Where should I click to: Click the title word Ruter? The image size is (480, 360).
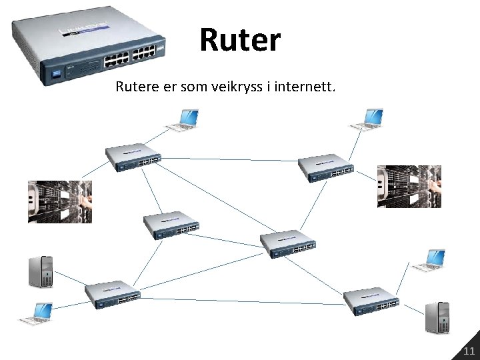tap(240, 40)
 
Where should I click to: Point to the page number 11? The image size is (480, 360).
tap(469, 351)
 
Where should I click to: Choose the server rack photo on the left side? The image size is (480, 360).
tap(59, 201)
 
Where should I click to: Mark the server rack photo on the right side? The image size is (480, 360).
tap(409, 187)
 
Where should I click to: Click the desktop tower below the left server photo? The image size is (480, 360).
tap(41, 271)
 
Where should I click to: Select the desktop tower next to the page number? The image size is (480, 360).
tap(439, 317)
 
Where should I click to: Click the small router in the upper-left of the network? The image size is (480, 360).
tap(134, 157)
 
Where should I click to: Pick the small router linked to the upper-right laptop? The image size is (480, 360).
tap(325, 168)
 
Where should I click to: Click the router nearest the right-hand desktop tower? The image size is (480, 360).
tap(371, 301)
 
